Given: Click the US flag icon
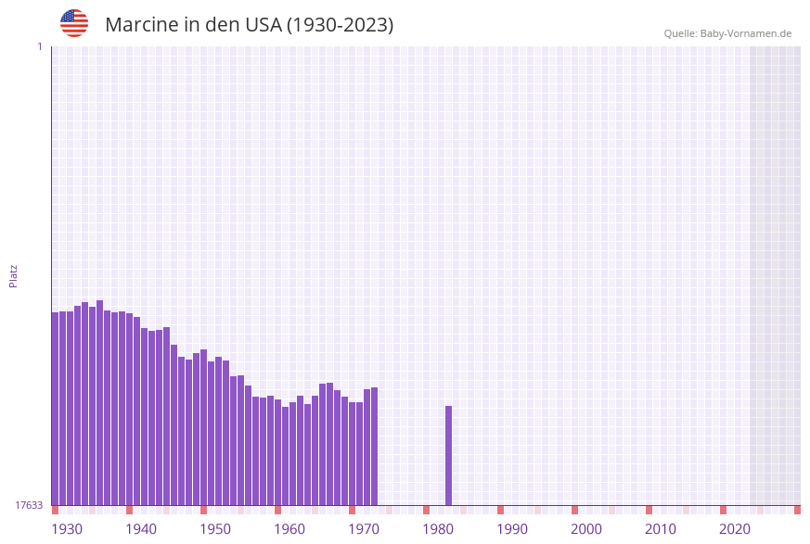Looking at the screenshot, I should coord(74,23).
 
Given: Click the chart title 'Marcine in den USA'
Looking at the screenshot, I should coord(249,25).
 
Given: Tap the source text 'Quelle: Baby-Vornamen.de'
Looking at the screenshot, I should coord(727,33).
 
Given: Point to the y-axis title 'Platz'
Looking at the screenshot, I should coord(14,275).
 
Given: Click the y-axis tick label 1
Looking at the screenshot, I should coord(39,46).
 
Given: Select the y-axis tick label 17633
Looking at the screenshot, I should coord(28,505).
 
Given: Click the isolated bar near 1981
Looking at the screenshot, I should coord(448,455).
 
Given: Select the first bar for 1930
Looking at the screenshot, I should coord(55,408).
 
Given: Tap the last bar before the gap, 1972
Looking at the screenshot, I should coord(374,446).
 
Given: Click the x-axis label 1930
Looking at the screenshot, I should coord(67,529).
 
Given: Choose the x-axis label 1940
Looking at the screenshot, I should coord(141,529).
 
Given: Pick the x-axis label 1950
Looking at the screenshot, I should coord(215,529).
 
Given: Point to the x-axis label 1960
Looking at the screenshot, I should coord(289,529).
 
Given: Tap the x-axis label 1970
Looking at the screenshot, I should coord(364,529).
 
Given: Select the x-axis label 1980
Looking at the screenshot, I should coord(438,529).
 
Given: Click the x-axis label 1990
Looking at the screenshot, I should coord(512,529).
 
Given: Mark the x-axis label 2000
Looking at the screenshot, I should coord(586,529).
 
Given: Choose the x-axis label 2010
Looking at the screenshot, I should coord(661,529).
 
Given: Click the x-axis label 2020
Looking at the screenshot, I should coord(735,529).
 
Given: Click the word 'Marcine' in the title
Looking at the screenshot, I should coord(141,25).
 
